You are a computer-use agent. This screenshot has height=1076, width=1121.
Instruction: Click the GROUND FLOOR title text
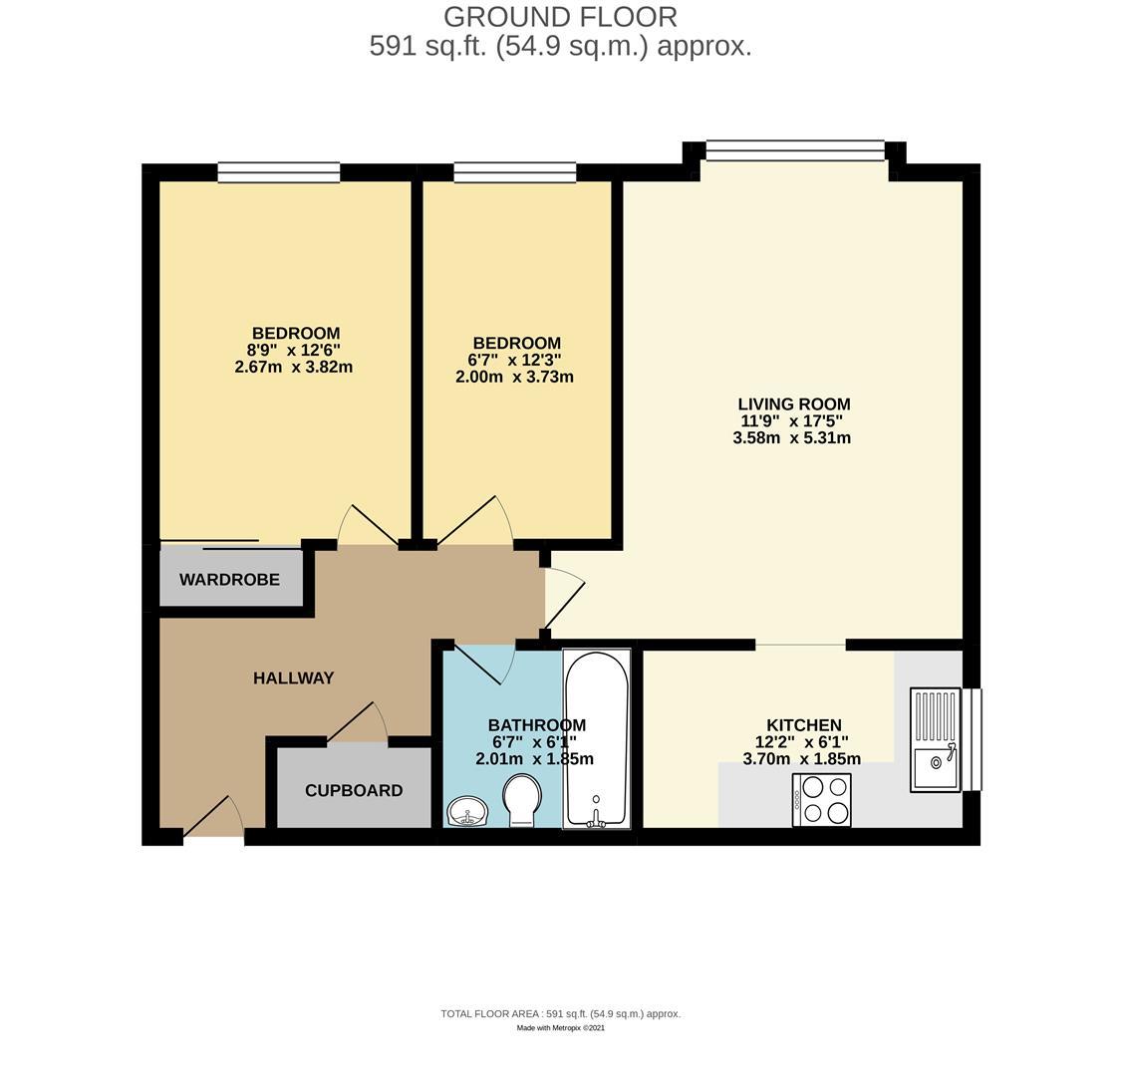(560, 17)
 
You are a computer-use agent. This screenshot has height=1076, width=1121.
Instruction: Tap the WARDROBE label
(229, 579)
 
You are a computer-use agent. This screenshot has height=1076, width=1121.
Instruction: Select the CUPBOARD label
(354, 790)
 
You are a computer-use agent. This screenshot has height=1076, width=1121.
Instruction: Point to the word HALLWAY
(293, 677)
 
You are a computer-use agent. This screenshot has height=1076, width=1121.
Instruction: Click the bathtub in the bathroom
(597, 738)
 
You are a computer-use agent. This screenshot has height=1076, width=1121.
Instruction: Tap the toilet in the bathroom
(522, 801)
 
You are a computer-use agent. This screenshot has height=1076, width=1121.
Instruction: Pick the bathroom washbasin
(467, 812)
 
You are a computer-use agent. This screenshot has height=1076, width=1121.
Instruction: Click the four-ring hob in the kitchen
(822, 800)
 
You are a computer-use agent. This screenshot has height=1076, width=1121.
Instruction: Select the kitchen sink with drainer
(935, 740)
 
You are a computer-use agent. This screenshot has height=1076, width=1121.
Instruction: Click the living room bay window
(795, 150)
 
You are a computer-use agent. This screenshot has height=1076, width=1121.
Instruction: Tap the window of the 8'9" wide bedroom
(279, 172)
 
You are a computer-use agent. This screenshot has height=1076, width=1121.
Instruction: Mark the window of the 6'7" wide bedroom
(515, 172)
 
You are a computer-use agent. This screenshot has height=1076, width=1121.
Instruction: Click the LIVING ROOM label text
(794, 403)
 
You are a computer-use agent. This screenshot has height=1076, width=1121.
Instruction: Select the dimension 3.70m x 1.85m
(802, 758)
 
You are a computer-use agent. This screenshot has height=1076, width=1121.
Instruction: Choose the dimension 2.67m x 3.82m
(294, 367)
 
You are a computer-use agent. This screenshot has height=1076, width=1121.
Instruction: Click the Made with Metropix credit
(560, 1028)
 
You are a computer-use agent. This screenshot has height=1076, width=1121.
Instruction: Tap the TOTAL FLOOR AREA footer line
(560, 1013)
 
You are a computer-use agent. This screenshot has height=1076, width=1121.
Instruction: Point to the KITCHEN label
(804, 725)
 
